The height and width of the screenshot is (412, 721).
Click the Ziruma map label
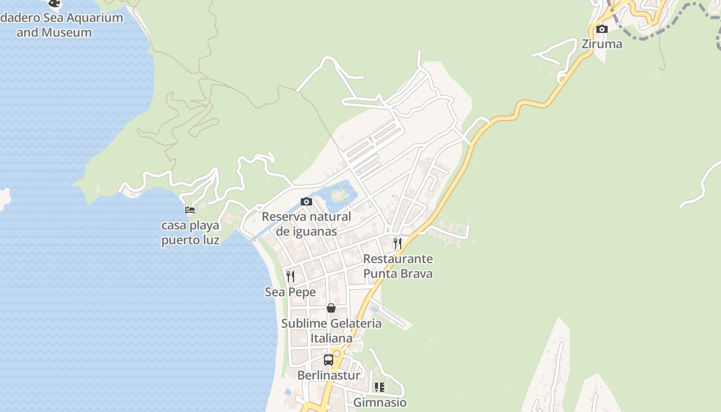pos(602,44)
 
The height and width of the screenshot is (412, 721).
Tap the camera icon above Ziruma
pos(602,29)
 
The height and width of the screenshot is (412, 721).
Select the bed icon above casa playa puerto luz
pos(190,210)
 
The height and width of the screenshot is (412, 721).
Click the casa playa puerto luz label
pos(190,233)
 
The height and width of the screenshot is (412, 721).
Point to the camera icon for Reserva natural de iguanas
pos(306,201)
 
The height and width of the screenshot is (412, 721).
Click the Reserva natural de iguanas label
pos(306,224)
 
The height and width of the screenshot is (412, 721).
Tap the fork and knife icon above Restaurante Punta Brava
pos(398,243)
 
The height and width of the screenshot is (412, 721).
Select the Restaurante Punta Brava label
pos(398,266)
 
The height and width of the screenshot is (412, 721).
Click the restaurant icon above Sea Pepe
pos(290,277)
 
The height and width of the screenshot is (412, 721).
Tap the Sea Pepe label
pos(290,292)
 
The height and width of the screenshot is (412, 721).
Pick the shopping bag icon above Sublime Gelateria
pos(331,308)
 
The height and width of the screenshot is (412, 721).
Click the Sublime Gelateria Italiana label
pos(331,331)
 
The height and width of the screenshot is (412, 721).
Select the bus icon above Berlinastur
pos(328,359)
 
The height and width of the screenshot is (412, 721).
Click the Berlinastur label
pos(329,375)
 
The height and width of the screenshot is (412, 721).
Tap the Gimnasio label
pos(380,402)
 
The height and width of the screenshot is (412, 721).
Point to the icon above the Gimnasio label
pos(380,387)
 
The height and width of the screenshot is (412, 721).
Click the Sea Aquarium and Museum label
pos(62,25)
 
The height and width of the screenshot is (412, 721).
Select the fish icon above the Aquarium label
pos(54,3)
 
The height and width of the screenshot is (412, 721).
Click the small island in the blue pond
pos(338,195)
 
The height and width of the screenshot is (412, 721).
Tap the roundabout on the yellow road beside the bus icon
pos(337,354)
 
